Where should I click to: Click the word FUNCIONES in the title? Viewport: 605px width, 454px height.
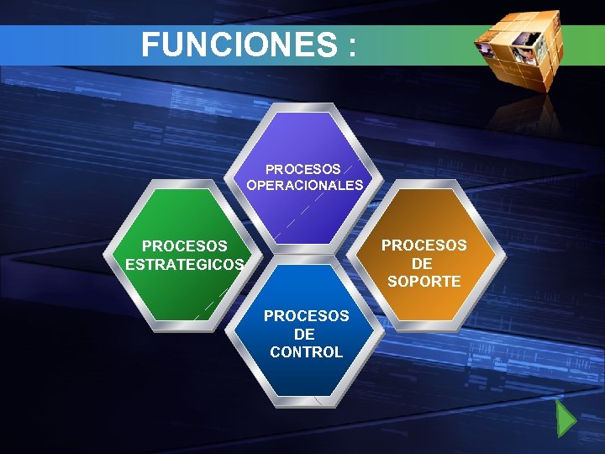237,45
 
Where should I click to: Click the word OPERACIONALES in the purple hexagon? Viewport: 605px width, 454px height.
305,185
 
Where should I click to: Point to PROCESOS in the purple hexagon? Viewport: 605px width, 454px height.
302,169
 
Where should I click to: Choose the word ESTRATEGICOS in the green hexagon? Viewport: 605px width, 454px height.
184,264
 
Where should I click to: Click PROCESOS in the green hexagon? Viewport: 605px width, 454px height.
184,246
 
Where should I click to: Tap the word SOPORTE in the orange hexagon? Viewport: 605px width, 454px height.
423,282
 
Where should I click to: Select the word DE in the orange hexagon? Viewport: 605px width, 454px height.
423,263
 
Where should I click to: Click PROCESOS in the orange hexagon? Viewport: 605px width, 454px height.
423,245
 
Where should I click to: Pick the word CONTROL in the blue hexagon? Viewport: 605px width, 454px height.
306,352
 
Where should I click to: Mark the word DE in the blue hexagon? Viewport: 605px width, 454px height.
305,335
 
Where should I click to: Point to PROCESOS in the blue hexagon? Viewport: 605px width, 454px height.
306,316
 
